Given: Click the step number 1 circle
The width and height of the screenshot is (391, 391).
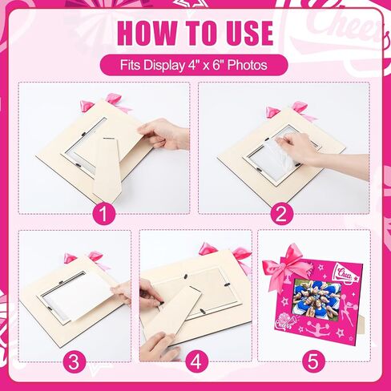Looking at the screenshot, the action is [104, 214].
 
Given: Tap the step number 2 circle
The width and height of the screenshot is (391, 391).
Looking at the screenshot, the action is [282, 214].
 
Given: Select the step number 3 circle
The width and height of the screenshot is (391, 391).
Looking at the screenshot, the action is [75, 361].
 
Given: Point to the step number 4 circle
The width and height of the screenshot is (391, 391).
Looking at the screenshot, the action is [196, 361].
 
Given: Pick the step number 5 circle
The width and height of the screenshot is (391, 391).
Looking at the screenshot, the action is [313, 361].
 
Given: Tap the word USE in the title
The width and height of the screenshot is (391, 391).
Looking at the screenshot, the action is [248, 33].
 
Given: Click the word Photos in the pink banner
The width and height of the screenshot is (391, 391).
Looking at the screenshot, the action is [247, 65].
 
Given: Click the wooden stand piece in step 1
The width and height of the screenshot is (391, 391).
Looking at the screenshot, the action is [108, 168].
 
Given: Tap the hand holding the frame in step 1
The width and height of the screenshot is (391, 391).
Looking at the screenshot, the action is [163, 135].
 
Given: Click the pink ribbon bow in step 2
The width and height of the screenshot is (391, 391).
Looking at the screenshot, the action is [291, 111].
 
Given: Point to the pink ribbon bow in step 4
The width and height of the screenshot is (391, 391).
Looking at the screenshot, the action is [227, 254].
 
